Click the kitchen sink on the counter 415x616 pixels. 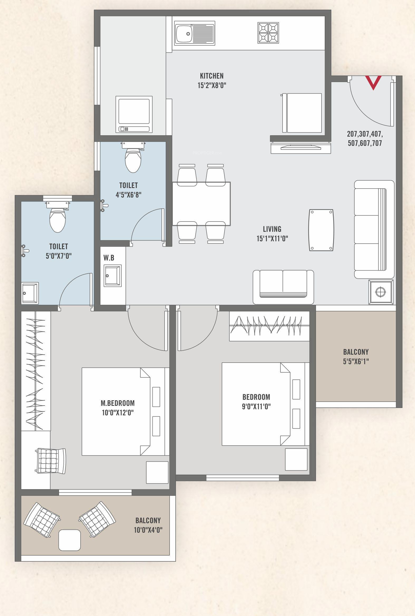pos(195,33)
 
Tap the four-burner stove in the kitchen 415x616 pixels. pos(268,33)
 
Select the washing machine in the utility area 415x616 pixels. pos(134,114)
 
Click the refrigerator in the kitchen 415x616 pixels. pos(302,113)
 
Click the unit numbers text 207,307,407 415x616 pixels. pos(365,134)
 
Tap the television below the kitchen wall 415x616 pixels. pos(301,148)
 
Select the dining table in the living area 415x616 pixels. pos(201,204)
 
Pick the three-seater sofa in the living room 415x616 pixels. pos(374,229)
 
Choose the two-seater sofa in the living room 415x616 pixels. pos(283,287)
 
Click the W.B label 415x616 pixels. pos(109,258)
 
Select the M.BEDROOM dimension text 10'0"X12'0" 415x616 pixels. pos(118,412)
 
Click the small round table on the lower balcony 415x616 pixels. pos(70,540)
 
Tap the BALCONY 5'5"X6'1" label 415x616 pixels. pos(356,357)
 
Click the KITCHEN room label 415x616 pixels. pos(212,76)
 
